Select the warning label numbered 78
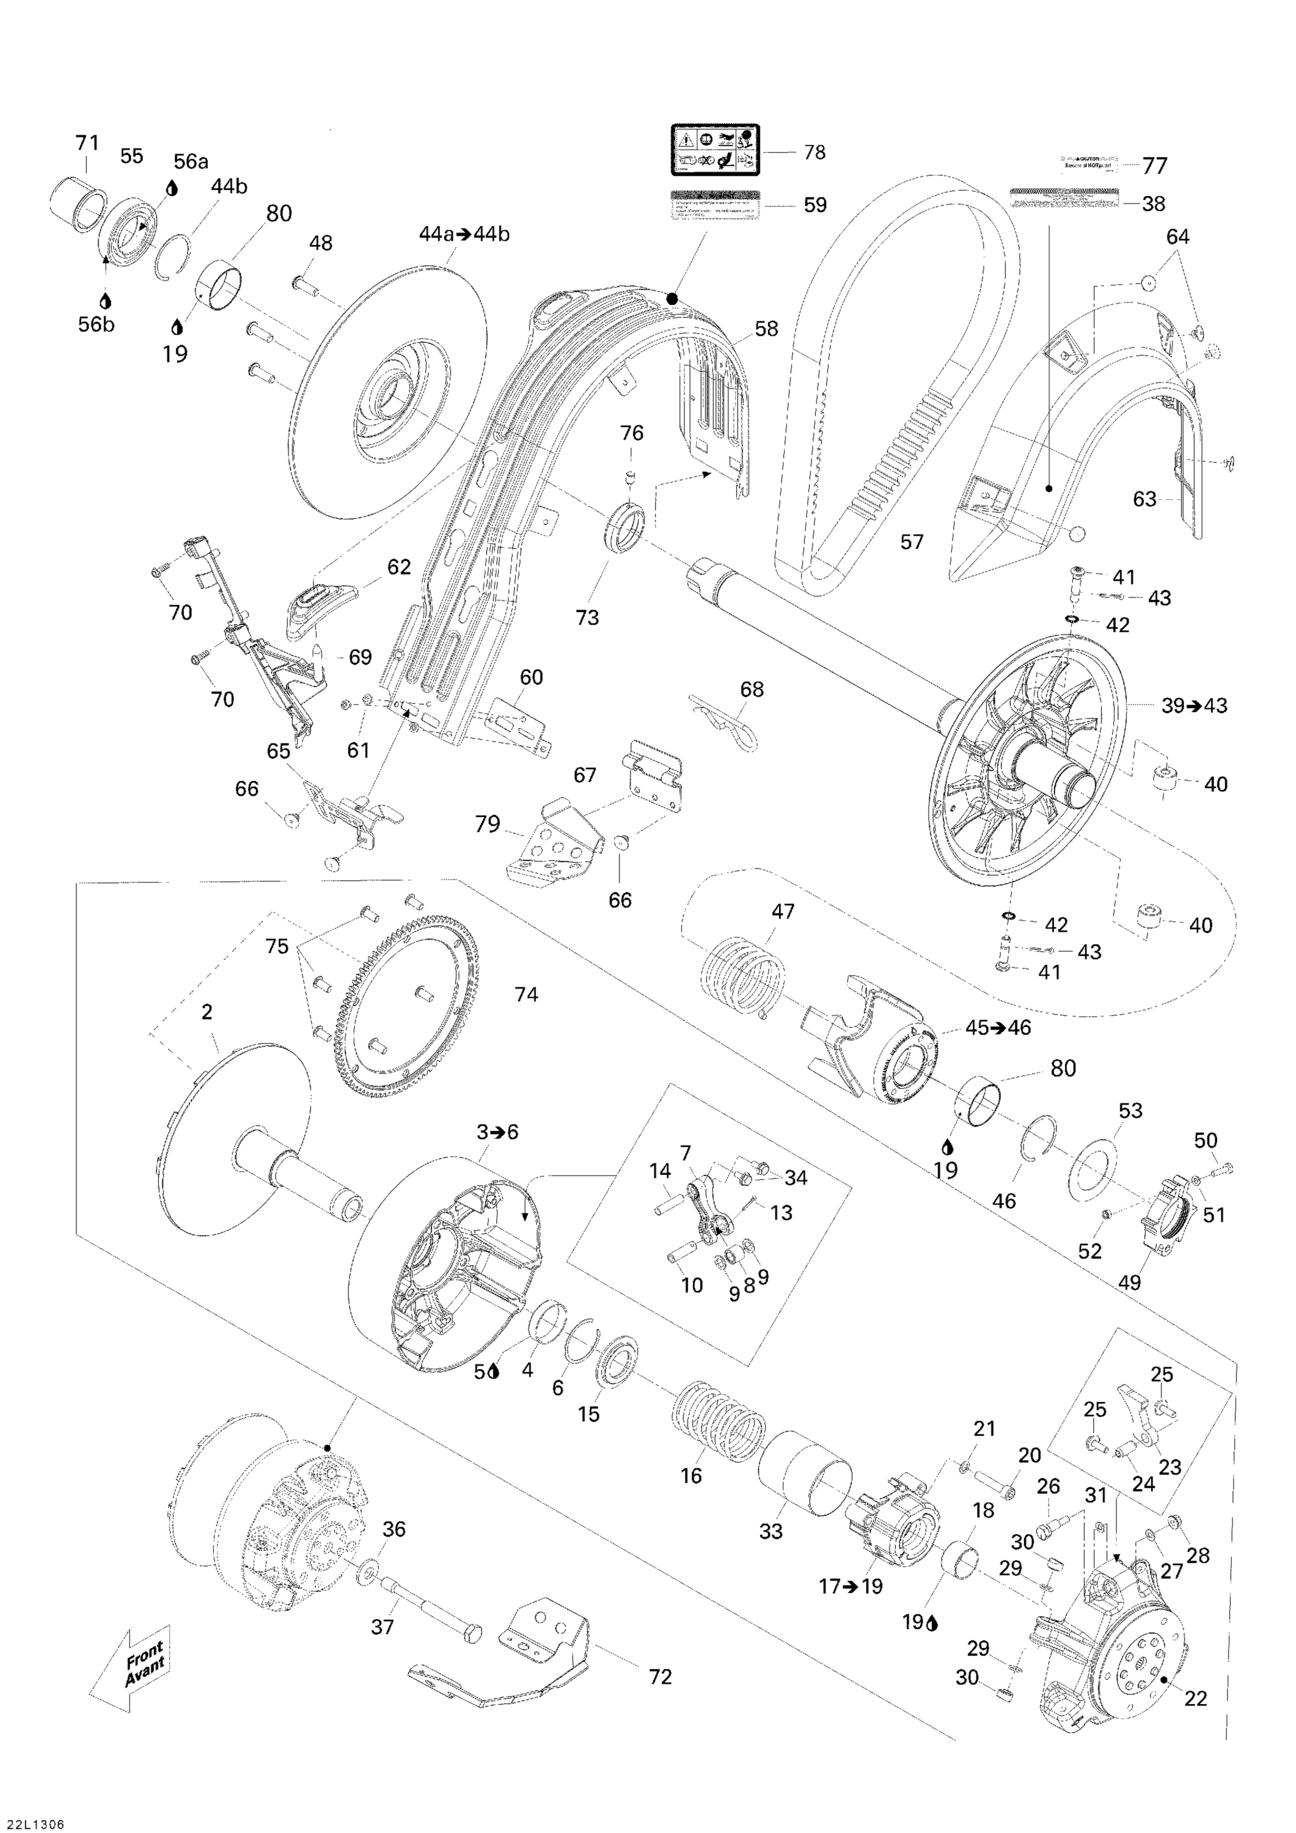[715, 151]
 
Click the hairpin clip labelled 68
[727, 722]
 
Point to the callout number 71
[87, 143]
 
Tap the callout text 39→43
[1194, 706]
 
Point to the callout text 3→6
[497, 1132]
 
